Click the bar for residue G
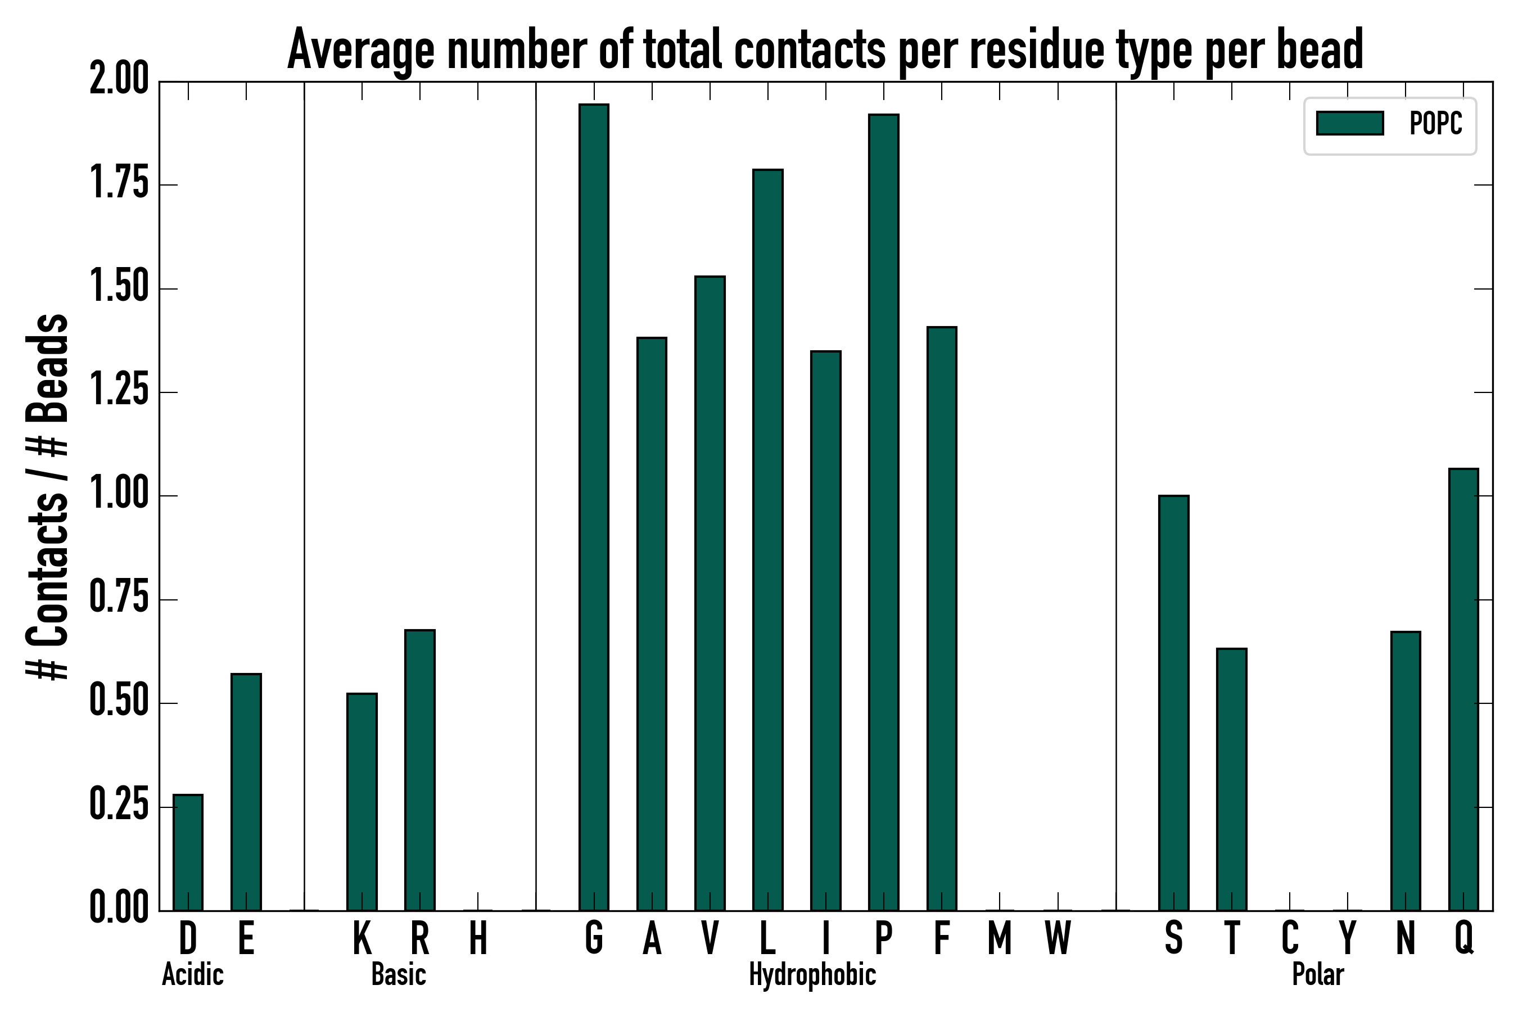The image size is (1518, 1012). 593,507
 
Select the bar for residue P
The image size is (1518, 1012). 884,512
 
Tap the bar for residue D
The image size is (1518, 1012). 188,852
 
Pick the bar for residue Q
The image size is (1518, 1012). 1463,689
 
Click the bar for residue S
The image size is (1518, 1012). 1173,703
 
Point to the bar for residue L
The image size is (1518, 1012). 767,540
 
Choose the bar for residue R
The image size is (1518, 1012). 419,770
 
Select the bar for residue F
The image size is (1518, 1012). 942,619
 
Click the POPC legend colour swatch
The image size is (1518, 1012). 1349,123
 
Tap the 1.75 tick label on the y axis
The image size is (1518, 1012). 119,184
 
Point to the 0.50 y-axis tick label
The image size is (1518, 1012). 119,703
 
